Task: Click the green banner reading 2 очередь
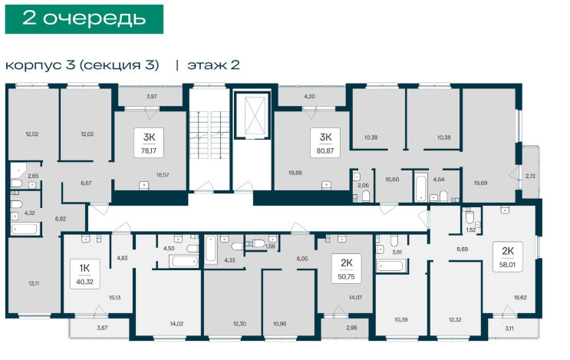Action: (x=84, y=19)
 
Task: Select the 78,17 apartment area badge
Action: (x=149, y=143)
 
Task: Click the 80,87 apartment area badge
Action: (x=325, y=143)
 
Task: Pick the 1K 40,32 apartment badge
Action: (x=84, y=274)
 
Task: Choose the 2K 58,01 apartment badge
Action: (x=508, y=256)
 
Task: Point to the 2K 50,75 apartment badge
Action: (x=347, y=269)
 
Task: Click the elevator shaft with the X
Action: (x=252, y=115)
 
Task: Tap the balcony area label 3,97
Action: (x=152, y=97)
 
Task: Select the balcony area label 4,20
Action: (x=309, y=97)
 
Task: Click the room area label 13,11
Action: (x=34, y=283)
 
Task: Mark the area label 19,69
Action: (x=480, y=183)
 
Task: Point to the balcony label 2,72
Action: (x=530, y=176)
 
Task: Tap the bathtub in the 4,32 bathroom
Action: (x=25, y=230)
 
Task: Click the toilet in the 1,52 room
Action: (x=470, y=216)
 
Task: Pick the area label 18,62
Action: (x=520, y=298)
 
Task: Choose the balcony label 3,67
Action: (x=102, y=328)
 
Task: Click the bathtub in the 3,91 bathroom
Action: (x=390, y=266)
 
